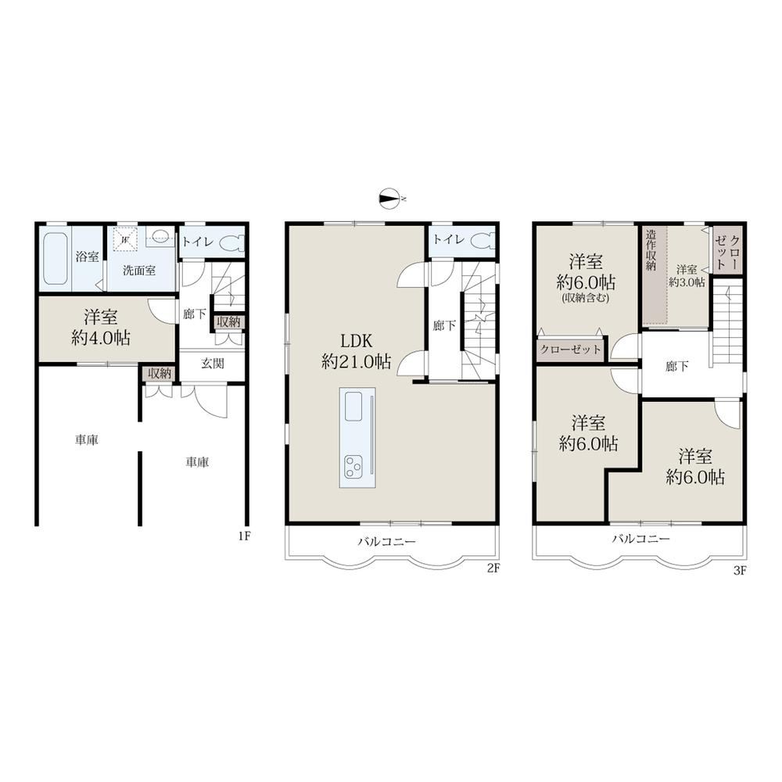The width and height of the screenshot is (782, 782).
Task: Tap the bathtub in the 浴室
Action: (55, 258)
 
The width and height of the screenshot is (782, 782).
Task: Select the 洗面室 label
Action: (139, 271)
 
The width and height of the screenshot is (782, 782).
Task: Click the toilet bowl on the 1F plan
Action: (232, 243)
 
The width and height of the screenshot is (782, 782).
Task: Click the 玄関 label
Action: (213, 363)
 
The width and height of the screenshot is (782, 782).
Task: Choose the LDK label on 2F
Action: (356, 342)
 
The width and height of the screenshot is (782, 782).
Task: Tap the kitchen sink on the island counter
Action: (353, 407)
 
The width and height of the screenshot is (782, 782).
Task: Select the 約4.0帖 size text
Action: (101, 339)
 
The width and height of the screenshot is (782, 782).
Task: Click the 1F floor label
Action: (243, 536)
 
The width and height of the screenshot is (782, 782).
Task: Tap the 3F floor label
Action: (740, 571)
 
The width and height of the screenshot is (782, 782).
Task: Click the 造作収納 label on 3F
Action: (651, 250)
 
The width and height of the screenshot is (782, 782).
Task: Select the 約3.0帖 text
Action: (687, 282)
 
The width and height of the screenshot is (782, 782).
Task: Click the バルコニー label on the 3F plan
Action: (641, 539)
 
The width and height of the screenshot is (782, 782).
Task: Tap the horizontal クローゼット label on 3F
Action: (571, 349)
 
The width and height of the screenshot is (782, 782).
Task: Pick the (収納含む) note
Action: (586, 300)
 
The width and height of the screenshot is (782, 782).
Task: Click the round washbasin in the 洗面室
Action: (160, 235)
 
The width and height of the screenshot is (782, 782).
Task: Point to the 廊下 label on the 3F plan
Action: (676, 367)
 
